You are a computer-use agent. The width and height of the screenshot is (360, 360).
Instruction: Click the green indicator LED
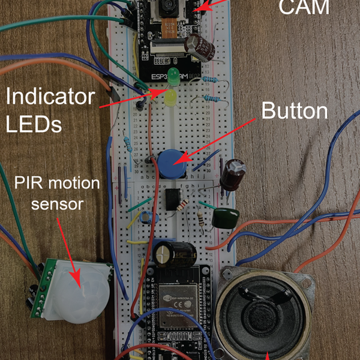pos(173,77)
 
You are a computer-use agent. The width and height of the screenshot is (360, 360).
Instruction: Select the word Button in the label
pos(295,111)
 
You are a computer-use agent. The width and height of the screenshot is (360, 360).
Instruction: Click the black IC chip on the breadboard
pos(174,199)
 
